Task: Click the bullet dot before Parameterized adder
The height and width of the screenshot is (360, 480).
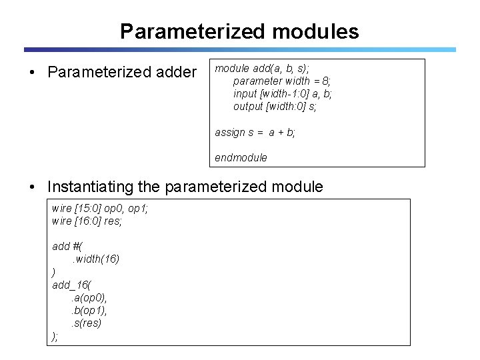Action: (x=33, y=72)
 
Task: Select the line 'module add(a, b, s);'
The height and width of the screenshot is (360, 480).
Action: (x=263, y=68)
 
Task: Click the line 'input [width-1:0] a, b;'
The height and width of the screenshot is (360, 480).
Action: (x=282, y=93)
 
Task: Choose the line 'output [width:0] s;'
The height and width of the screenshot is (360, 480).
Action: (x=275, y=106)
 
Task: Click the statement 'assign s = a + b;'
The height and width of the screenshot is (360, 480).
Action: (x=255, y=132)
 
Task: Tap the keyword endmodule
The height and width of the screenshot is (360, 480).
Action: (x=241, y=158)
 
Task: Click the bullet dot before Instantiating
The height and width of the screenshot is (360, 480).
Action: (x=33, y=186)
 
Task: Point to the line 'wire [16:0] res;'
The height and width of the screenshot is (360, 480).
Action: (x=87, y=221)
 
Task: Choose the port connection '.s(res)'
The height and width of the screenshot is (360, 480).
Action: (x=87, y=323)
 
